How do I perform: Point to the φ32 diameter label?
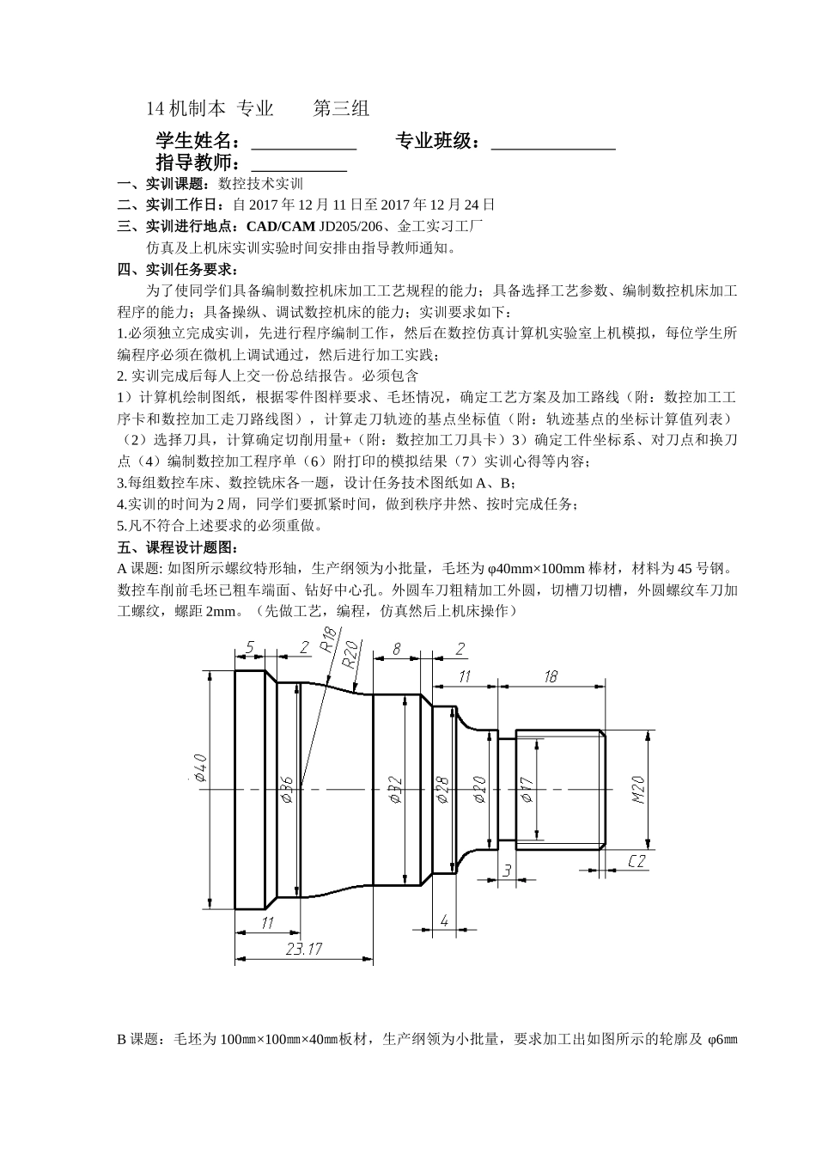tap(395, 789)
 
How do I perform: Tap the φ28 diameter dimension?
tap(443, 789)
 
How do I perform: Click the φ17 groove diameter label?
tap(527, 789)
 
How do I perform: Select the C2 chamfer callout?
tap(636, 861)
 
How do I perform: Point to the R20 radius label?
tap(350, 654)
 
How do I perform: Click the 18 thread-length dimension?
tap(551, 676)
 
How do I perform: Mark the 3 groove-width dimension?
tap(507, 871)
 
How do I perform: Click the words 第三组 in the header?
tap(341, 109)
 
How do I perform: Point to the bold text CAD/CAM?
tap(281, 227)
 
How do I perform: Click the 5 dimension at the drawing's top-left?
tap(249, 648)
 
